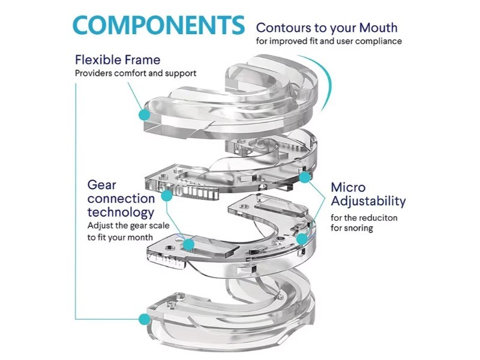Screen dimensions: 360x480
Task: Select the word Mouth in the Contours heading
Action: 377,28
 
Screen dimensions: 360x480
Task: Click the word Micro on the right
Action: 347,188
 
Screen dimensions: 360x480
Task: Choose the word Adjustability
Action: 368,202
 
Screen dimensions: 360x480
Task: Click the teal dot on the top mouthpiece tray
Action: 143,113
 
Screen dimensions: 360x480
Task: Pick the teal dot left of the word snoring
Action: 302,238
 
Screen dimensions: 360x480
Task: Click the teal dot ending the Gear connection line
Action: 188,243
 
